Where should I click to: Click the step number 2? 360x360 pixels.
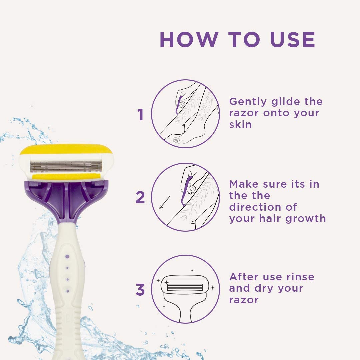pyautogui.click(x=140, y=198)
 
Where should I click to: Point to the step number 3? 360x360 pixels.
pyautogui.click(x=140, y=290)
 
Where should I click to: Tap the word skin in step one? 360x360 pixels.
pyautogui.click(x=240, y=124)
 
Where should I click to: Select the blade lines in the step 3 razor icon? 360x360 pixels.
pyautogui.click(x=185, y=287)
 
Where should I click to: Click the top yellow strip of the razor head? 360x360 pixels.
pyautogui.click(x=66, y=149)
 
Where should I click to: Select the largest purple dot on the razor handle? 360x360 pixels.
pyautogui.click(x=67, y=256)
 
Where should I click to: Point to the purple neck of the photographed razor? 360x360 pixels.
pyautogui.click(x=67, y=202)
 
